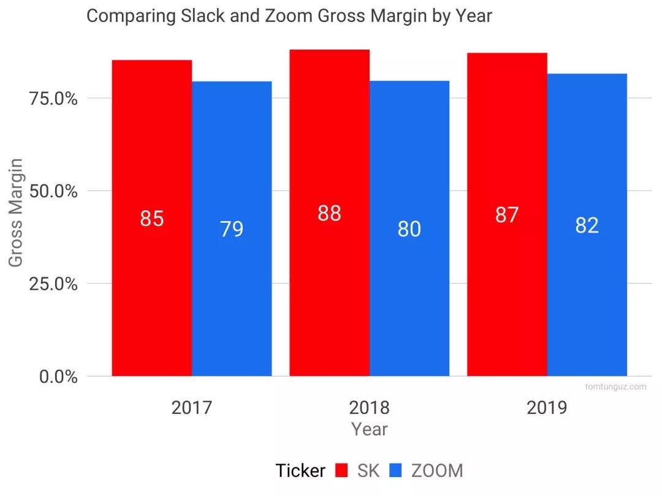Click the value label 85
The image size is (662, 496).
click(151, 219)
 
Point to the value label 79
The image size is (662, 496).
click(232, 230)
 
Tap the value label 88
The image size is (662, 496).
click(329, 214)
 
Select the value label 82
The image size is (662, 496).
click(587, 226)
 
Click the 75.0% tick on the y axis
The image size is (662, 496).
click(54, 99)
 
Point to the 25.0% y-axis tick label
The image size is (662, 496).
click(54, 284)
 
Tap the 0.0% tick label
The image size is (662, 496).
click(59, 377)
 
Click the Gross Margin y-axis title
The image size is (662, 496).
click(17, 212)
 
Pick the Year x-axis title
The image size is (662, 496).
click(369, 429)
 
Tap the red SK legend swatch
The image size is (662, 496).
click(343, 471)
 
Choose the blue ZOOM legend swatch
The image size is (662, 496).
click(397, 471)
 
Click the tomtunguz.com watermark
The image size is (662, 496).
click(615, 387)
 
